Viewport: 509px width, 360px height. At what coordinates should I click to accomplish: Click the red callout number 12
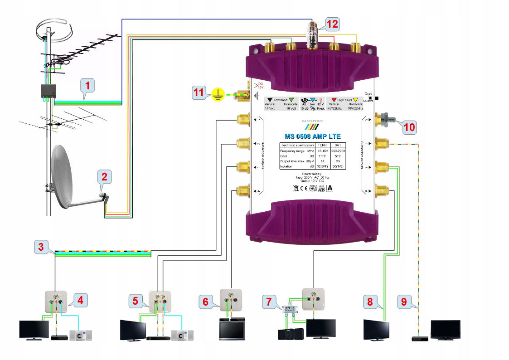[x=332, y=24]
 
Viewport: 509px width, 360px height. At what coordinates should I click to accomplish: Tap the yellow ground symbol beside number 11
[x=218, y=94]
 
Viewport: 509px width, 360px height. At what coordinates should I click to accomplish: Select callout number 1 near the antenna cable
[x=87, y=85]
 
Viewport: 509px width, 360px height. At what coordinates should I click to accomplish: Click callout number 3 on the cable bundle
[x=41, y=248]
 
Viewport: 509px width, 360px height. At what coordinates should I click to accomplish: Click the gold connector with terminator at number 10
[x=383, y=120]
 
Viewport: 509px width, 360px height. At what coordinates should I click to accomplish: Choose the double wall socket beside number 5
[x=160, y=300]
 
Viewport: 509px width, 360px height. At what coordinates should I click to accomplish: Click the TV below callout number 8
[x=376, y=330]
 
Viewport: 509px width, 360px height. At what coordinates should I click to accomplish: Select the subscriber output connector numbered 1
[x=241, y=120]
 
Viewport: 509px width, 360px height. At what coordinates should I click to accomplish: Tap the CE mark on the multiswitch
[x=302, y=187]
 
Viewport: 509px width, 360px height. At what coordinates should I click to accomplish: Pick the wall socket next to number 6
[x=231, y=299]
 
